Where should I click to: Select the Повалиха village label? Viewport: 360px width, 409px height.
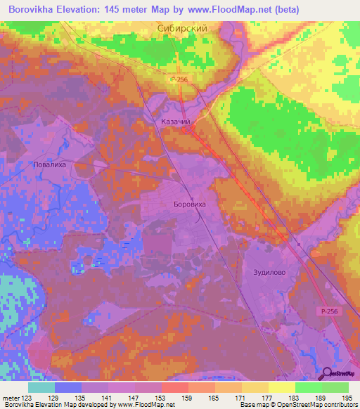[x=49, y=166]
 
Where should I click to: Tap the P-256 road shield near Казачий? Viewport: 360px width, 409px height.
[x=179, y=81]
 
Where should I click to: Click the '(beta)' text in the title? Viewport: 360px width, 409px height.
[x=285, y=9]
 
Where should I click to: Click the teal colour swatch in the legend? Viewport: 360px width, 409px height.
[x=41, y=387]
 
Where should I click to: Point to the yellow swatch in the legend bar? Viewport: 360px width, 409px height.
[x=281, y=387]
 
